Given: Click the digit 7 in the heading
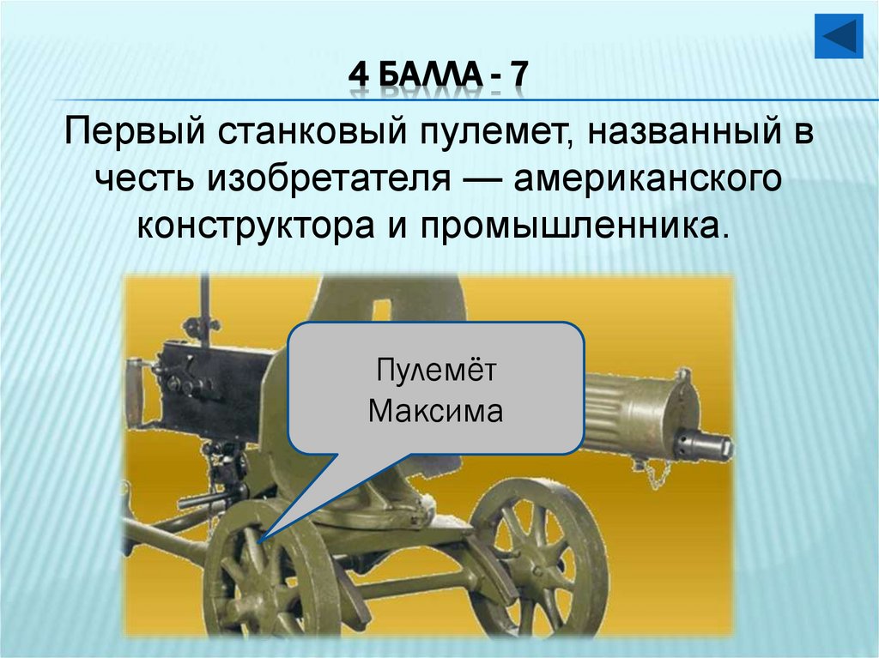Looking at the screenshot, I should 518,80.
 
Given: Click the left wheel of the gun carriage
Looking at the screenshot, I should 258,575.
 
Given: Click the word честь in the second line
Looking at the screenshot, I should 144,180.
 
